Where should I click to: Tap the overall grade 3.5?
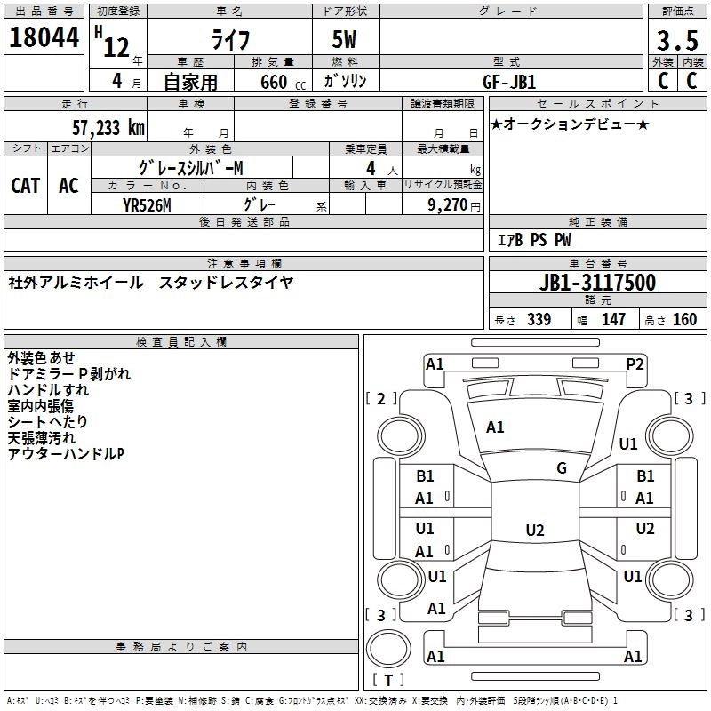point(675,41)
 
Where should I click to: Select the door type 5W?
point(344,42)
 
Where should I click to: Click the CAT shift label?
point(25,185)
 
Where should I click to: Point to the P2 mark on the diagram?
point(635,363)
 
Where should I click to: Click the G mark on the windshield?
point(562,468)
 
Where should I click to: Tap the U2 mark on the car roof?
point(534,531)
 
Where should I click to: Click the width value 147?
point(613,320)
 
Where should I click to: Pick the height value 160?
point(685,320)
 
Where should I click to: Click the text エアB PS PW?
point(533,240)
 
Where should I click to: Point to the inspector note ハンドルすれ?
point(48,390)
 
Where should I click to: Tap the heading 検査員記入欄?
point(181,342)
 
